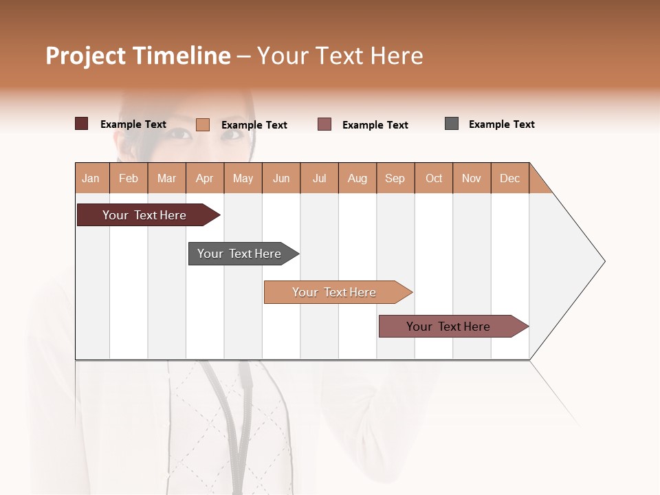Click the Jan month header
(91, 178)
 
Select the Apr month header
(205, 178)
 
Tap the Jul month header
(319, 178)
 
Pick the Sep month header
(395, 178)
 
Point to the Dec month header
(509, 178)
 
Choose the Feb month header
(129, 178)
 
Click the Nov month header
(472, 178)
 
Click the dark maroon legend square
(81, 124)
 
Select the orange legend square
(202, 124)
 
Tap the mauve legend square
(324, 124)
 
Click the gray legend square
(452, 124)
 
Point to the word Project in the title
(85, 56)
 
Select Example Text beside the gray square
(501, 124)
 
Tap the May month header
(243, 178)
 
